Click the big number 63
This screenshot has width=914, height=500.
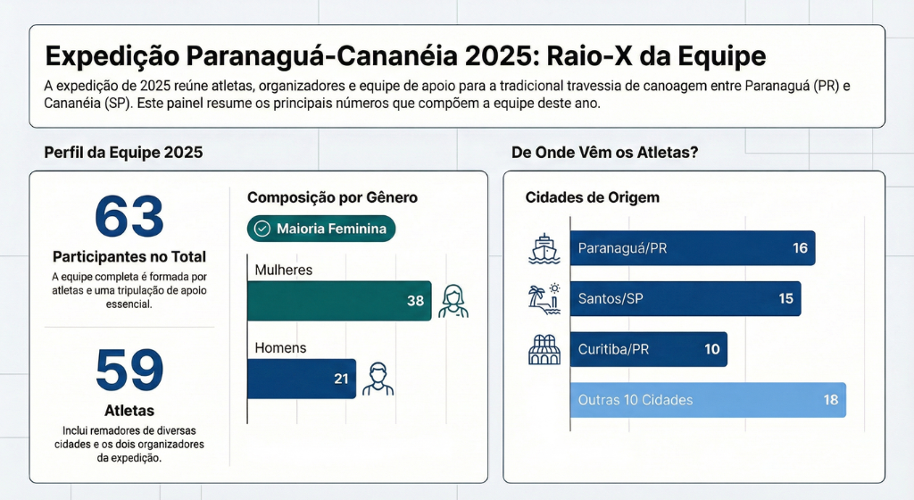(129, 217)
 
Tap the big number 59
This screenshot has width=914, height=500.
(129, 370)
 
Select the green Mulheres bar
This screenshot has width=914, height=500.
(339, 301)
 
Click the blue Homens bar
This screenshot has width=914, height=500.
(302, 379)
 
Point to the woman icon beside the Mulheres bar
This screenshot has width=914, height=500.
(453, 301)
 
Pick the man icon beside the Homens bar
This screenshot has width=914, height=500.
(378, 379)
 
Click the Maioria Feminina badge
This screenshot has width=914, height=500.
(321, 229)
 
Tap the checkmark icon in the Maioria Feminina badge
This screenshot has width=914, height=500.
(262, 229)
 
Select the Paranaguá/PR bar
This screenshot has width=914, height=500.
(693, 248)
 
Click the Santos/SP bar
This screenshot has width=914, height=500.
(685, 299)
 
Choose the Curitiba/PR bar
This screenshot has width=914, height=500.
(649, 349)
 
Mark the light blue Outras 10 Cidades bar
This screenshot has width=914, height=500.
(708, 400)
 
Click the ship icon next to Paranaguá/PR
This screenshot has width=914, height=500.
(544, 249)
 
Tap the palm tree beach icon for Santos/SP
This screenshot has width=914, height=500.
(544, 299)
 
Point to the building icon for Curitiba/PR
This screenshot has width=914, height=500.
(544, 350)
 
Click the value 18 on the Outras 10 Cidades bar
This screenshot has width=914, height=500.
(831, 400)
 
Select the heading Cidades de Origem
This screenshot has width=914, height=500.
(593, 197)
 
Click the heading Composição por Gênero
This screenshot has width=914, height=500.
(332, 197)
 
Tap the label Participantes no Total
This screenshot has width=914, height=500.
(129, 257)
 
